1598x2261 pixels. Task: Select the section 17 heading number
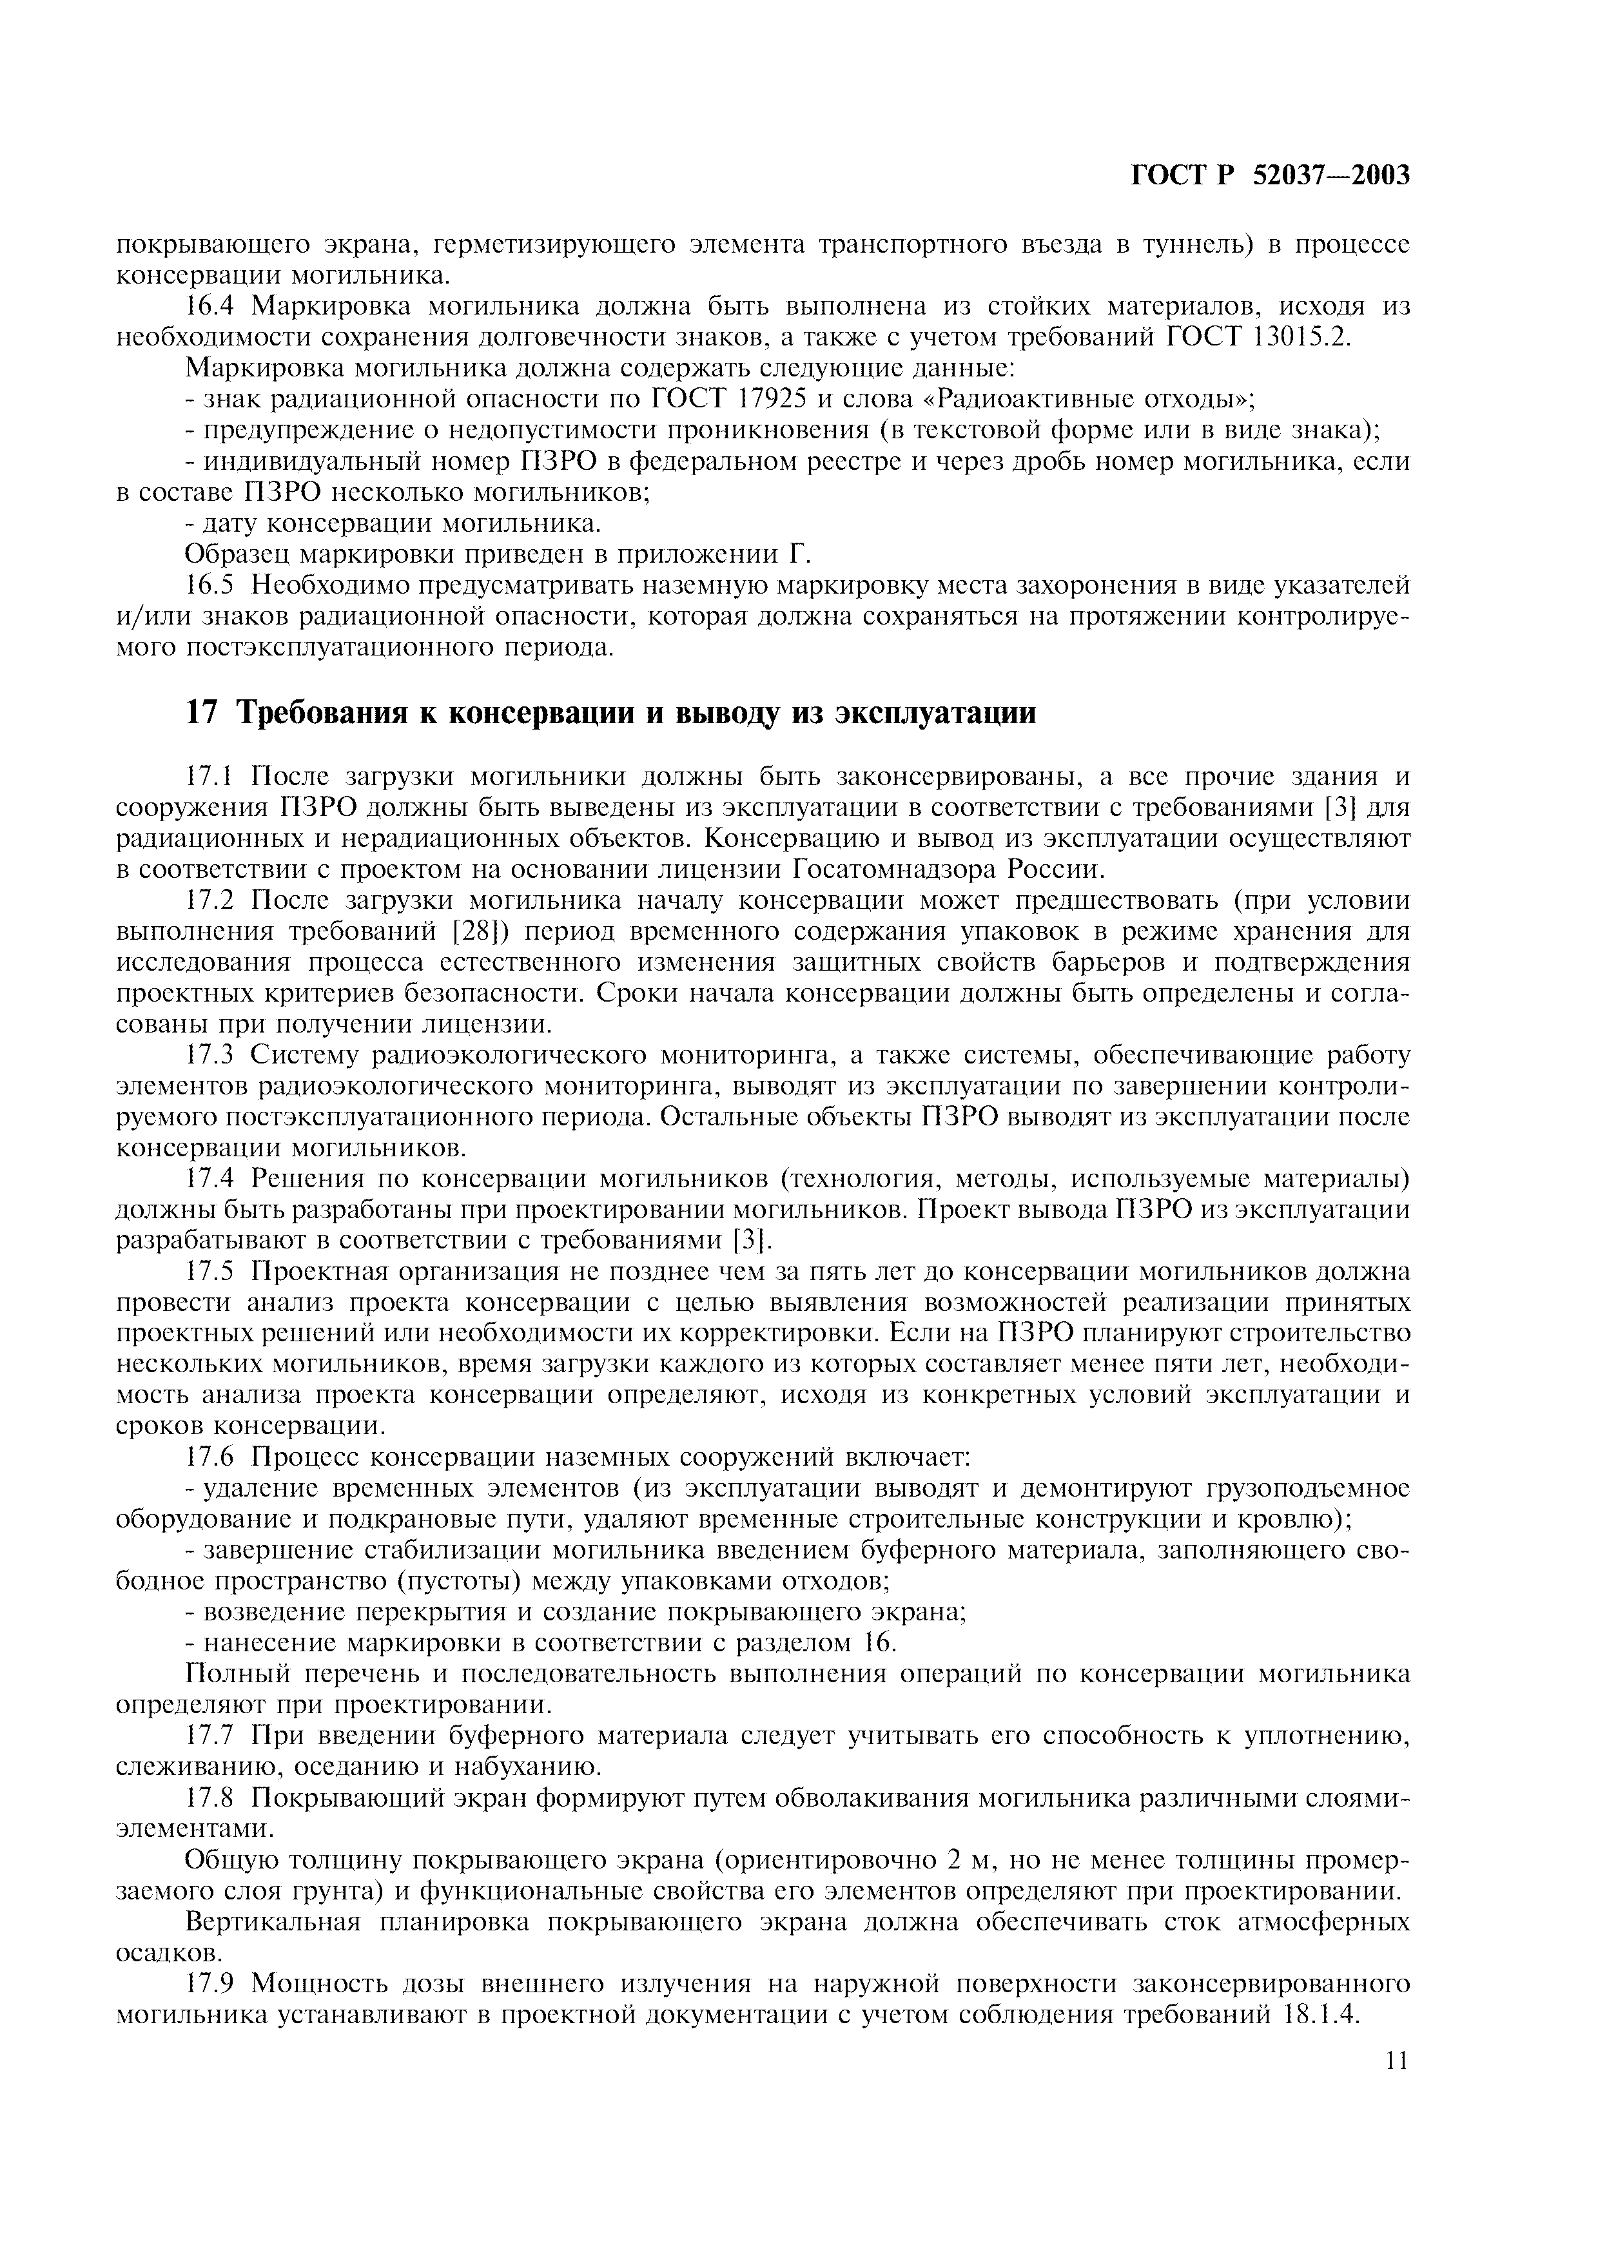pyautogui.click(x=200, y=712)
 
